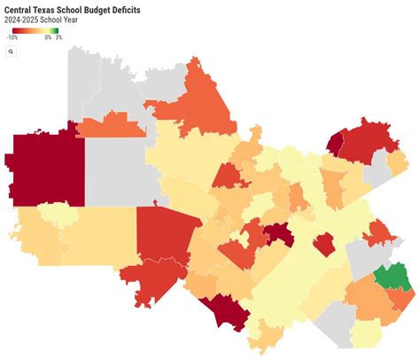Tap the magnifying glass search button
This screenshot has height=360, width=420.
point(11,52)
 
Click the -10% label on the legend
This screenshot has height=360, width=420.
point(12,38)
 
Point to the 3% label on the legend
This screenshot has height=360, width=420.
point(58,38)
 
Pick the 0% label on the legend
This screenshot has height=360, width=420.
point(47,38)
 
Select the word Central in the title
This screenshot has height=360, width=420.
point(20,8)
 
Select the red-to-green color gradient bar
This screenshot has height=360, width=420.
point(33,30)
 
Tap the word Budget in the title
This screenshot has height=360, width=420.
point(89,8)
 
